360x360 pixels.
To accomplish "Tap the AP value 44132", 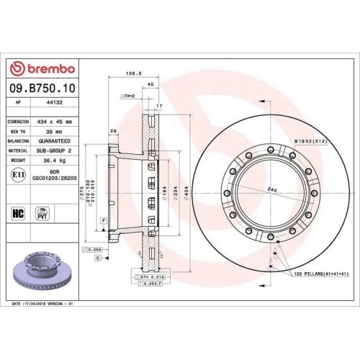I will click(x=55, y=103).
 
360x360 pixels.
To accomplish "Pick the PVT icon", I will click(x=42, y=213).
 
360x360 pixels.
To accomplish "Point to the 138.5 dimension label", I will click(x=132, y=73).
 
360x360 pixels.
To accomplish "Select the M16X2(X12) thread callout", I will click(x=311, y=142).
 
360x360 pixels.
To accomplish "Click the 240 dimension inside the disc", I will click(x=271, y=189).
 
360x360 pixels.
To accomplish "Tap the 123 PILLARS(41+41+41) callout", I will click(x=320, y=275).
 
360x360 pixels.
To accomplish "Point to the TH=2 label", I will click(x=129, y=96).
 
